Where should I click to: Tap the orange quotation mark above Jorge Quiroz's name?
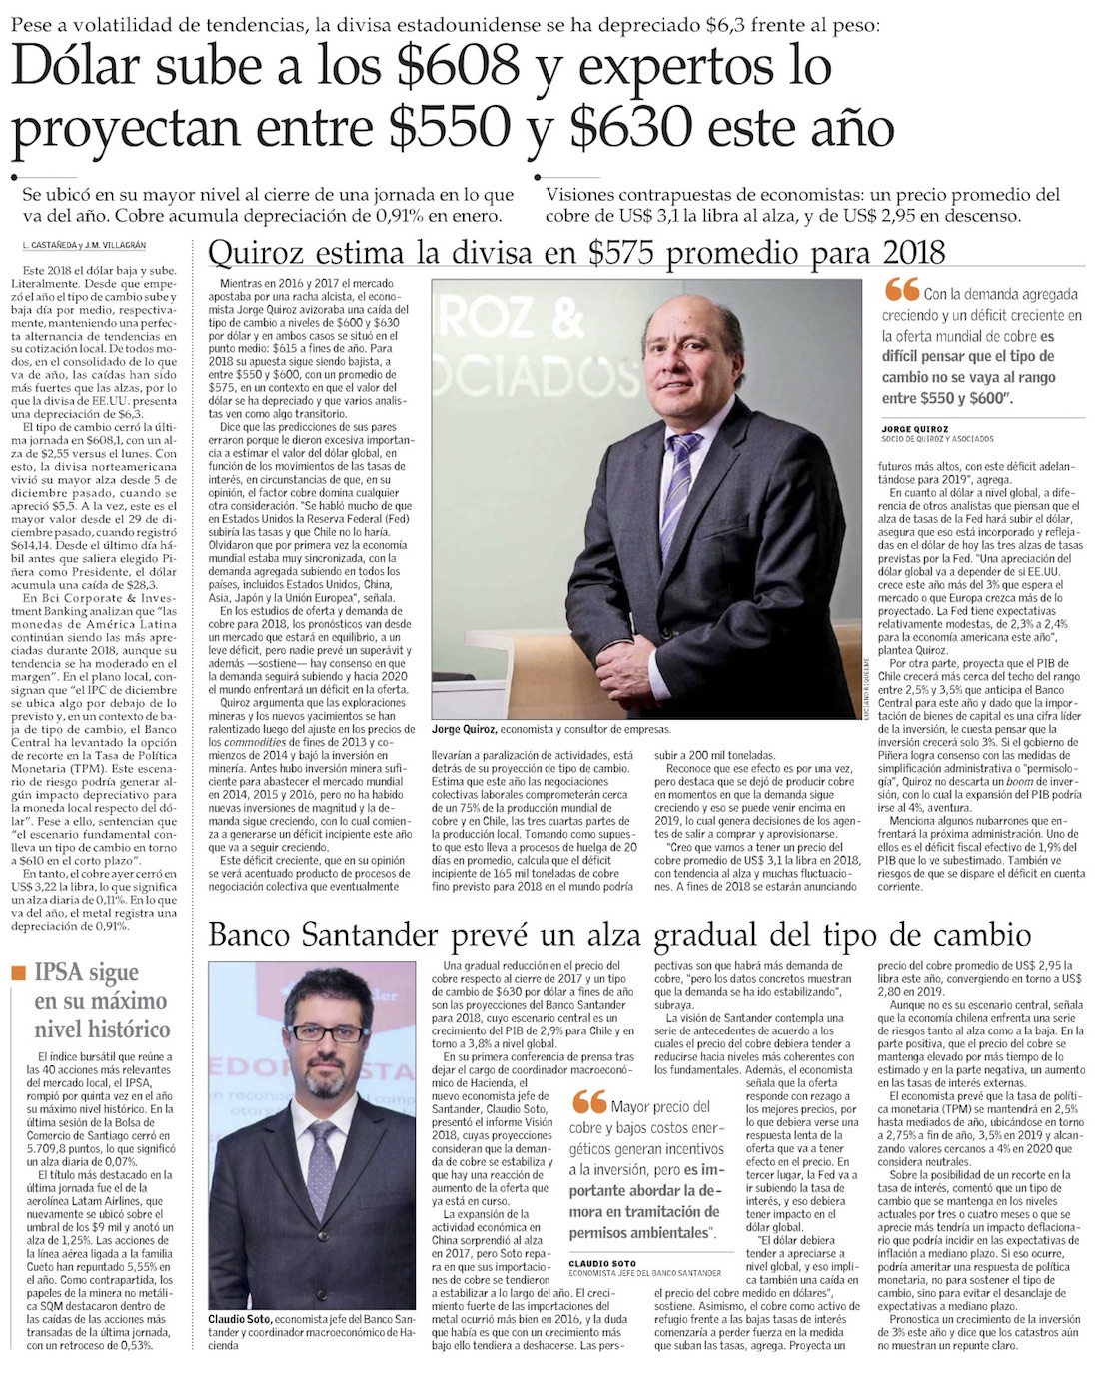901,290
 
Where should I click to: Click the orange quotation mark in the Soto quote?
589,1102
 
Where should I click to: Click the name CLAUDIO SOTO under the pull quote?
603,1264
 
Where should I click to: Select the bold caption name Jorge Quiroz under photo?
464,730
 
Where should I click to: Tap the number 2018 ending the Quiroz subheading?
911,253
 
